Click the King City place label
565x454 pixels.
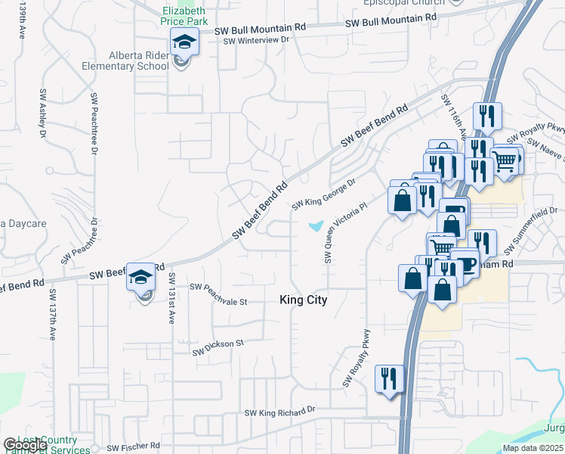[x=304, y=300]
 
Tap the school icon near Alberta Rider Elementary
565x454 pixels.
[x=184, y=44]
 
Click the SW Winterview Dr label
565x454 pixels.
[x=256, y=39]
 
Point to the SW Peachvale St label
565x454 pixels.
[x=219, y=294]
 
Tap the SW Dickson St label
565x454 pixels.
[x=218, y=347]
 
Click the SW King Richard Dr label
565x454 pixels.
[x=279, y=412]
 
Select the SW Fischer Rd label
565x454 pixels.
[x=134, y=446]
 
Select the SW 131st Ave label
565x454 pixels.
[x=171, y=298]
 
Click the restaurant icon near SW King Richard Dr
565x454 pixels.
[x=390, y=378]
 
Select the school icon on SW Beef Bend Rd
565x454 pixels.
[x=141, y=278]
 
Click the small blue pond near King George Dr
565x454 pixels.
[x=316, y=225]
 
